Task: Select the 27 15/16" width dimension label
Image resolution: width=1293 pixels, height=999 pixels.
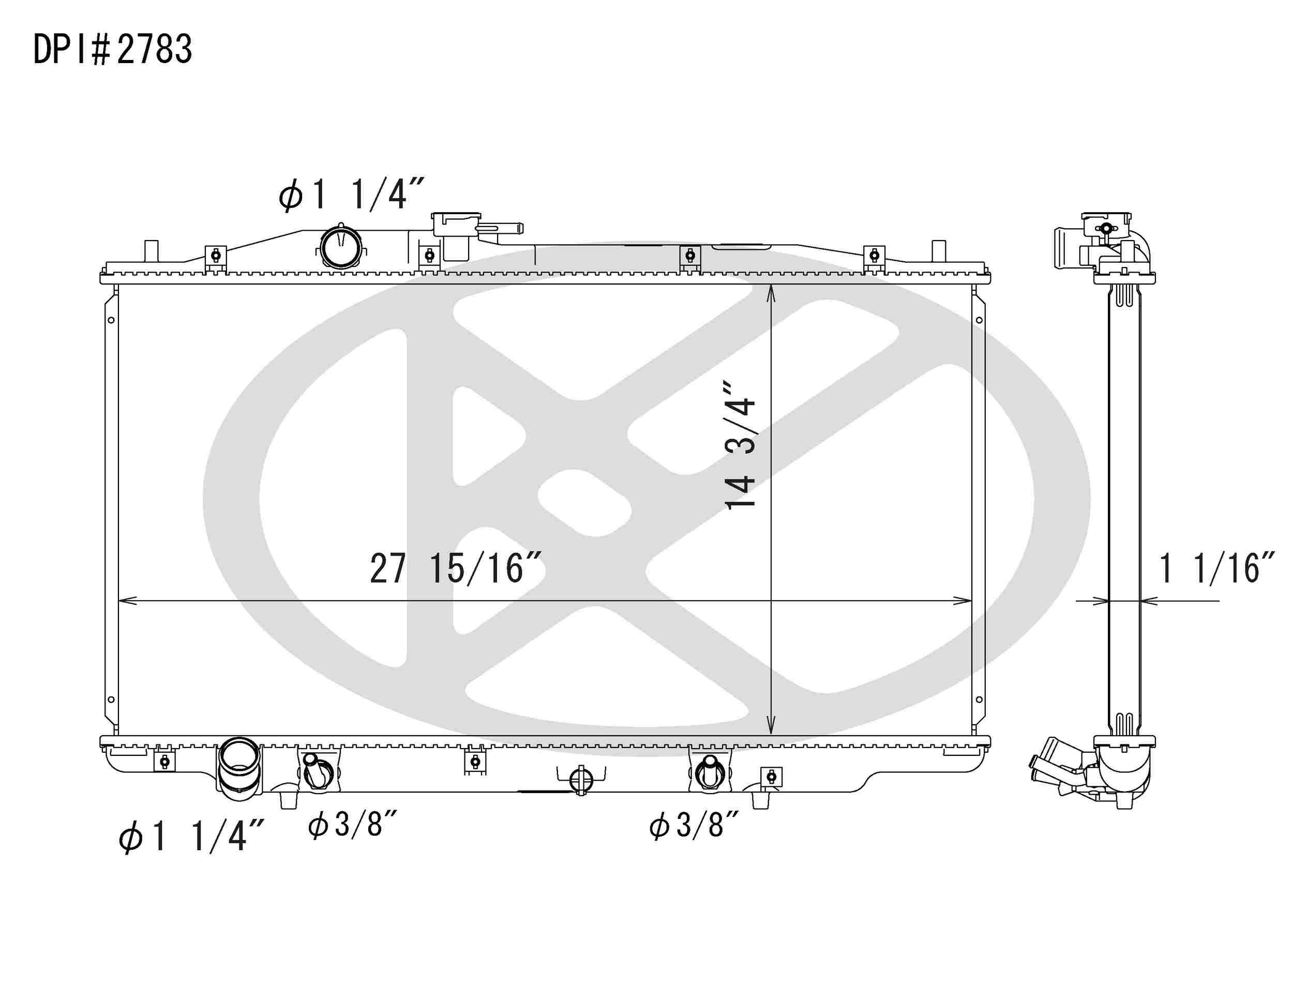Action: (x=455, y=569)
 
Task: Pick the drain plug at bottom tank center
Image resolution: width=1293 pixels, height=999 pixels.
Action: (x=581, y=781)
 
